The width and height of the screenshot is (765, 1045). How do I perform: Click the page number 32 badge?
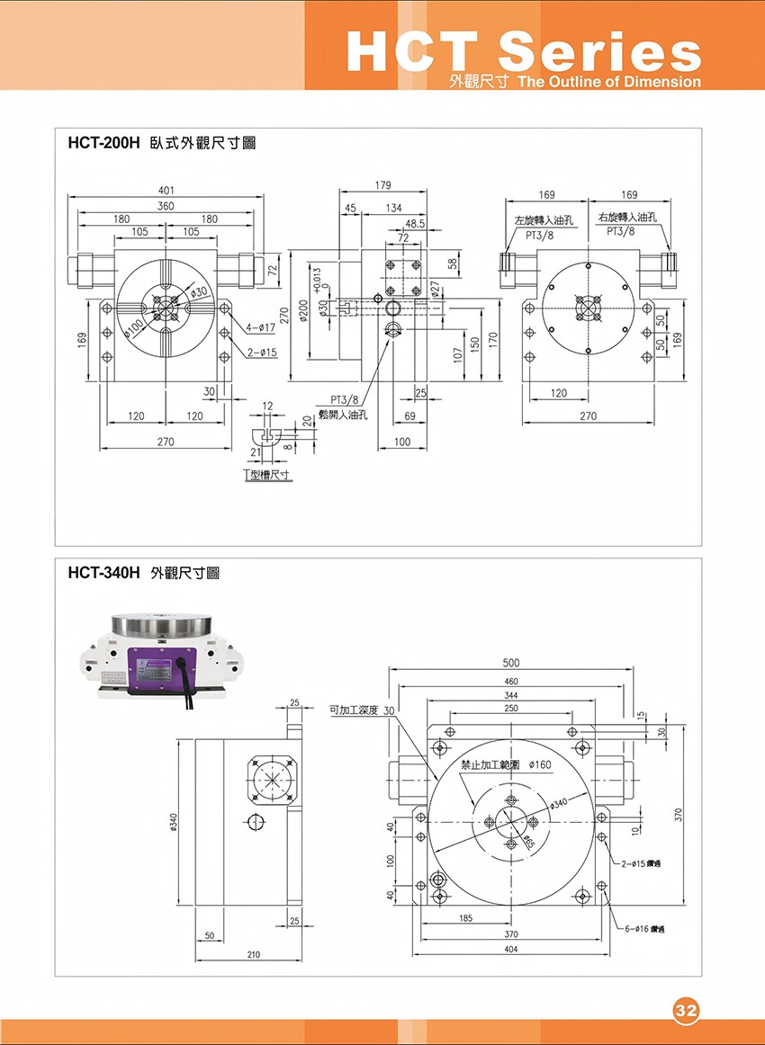click(686, 1010)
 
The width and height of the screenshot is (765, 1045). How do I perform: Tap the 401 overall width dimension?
click(166, 191)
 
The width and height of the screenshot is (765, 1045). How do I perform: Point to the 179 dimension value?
click(382, 185)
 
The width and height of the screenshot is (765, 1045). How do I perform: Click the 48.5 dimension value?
click(415, 223)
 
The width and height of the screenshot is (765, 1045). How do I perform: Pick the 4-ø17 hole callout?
click(261, 328)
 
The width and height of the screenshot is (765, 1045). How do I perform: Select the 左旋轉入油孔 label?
click(544, 220)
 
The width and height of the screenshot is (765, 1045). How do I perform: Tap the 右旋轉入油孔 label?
click(627, 218)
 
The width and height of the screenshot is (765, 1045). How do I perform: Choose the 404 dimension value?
click(511, 950)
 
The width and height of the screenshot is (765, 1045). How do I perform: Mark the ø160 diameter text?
click(540, 764)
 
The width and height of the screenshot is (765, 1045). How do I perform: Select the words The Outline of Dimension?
click(610, 82)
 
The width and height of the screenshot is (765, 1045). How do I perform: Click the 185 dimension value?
click(466, 918)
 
